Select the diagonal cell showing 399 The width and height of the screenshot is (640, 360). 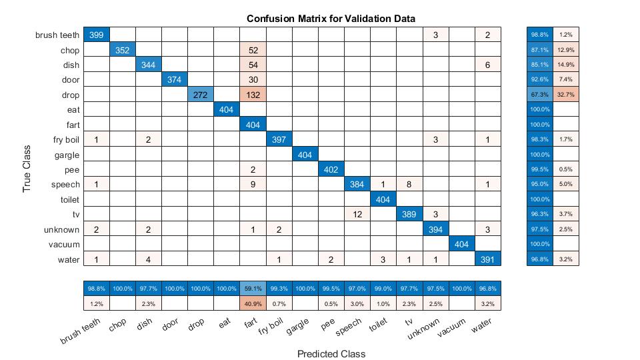96,35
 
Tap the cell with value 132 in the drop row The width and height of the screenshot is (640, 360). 253,95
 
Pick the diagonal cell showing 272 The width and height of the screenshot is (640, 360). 201,95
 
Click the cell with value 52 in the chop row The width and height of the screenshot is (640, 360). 253,49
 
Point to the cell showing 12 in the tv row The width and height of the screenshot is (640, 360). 357,214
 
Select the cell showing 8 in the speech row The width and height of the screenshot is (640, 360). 409,185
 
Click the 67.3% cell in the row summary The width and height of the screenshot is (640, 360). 539,95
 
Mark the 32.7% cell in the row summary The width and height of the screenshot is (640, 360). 565,95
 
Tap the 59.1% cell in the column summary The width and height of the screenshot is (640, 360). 253,289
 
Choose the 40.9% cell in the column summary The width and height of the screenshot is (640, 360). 253,304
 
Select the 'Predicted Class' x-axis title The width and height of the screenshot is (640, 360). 331,354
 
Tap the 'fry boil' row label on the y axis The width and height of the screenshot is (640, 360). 65,139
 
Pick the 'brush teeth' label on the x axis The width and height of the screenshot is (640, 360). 80,331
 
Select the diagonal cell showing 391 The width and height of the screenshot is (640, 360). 487,259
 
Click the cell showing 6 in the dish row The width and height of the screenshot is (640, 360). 487,65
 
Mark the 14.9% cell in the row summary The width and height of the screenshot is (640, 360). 565,65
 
